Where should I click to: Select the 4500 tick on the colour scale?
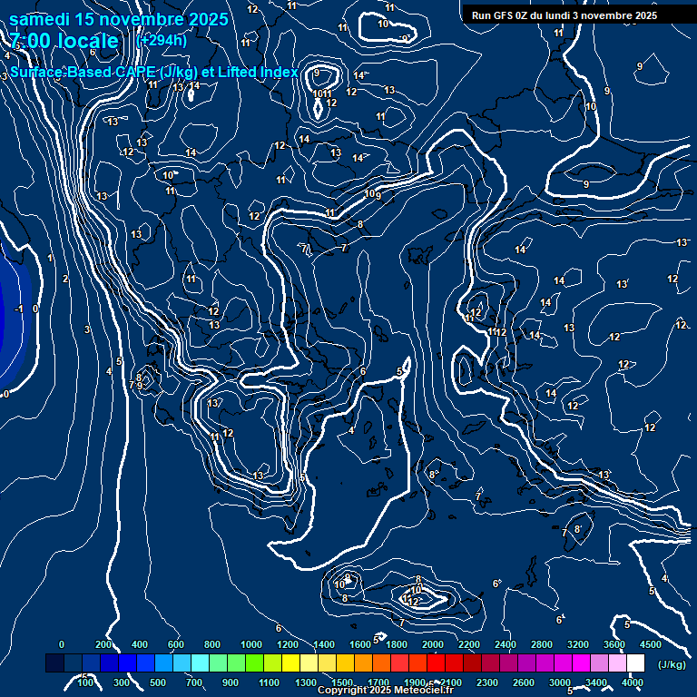[x=650, y=644]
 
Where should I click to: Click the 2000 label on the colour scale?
[x=433, y=644]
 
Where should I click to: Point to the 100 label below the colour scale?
[x=85, y=682]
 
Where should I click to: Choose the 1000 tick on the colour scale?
[x=251, y=644]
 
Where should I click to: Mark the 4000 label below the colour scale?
[x=633, y=682]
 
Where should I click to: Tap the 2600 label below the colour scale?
[x=524, y=682]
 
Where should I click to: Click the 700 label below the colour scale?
[x=194, y=682]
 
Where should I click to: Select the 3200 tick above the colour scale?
[x=578, y=644]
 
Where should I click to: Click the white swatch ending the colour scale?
[x=635, y=663]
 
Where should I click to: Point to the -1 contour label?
[x=18, y=309]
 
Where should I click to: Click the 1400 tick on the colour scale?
[x=324, y=644]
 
